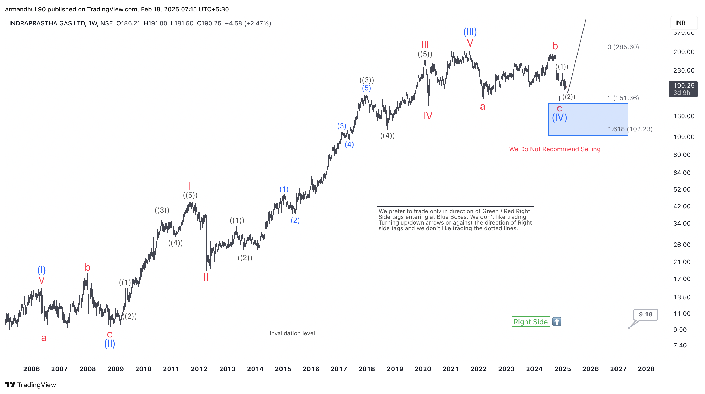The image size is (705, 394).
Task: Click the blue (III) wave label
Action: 470,32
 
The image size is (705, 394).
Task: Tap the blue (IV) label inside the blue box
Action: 559,117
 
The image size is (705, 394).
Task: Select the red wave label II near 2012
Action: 206,277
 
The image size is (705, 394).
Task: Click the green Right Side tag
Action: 530,321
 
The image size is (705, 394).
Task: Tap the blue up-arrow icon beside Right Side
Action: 557,321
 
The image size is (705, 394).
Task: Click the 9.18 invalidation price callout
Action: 645,314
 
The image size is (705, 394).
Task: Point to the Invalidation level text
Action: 292,333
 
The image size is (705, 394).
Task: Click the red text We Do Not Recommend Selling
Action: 554,149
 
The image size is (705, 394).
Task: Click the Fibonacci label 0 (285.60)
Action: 623,47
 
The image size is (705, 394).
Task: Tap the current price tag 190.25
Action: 683,86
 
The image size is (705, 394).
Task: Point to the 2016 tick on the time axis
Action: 311,369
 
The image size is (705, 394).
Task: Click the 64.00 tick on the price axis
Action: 682,173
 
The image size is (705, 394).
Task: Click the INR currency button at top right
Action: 680,23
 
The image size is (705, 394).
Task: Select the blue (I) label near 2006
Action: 42,270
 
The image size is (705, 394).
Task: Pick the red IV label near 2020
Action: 428,116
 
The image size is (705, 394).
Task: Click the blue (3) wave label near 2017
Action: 342,126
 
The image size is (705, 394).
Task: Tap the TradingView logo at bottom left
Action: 31,385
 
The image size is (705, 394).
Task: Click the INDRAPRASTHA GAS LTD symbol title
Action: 47,23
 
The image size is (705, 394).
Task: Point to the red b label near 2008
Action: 88,267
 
